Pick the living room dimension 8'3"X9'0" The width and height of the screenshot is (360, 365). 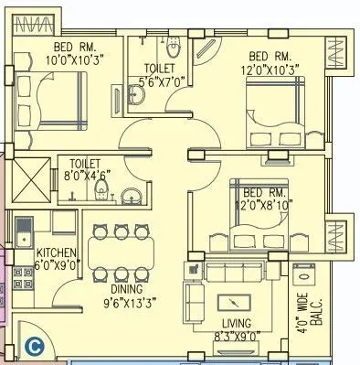tap(236, 336)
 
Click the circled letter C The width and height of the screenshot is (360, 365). tap(34, 346)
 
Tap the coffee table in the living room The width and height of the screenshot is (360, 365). tap(234, 304)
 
